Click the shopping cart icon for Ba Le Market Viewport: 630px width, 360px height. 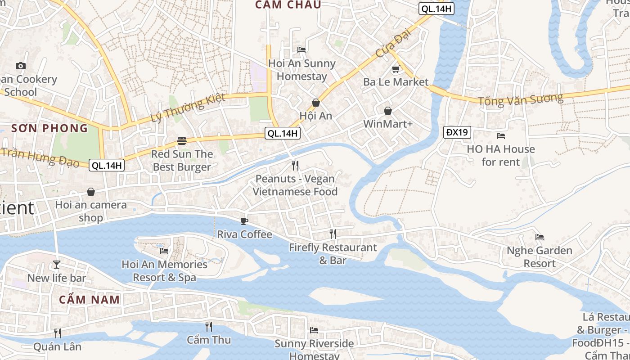coord(396,69)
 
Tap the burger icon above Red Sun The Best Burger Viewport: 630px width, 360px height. coord(182,141)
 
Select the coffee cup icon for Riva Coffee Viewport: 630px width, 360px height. coord(244,221)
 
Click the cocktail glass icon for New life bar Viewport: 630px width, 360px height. coord(57,264)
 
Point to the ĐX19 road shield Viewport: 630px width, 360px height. coord(457,132)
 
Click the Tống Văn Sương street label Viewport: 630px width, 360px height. coord(520,99)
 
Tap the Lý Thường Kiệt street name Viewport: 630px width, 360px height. coord(188,108)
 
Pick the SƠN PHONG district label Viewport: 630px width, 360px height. coord(49,128)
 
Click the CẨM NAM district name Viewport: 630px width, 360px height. coord(90,299)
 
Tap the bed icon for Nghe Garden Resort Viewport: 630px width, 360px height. coord(540,237)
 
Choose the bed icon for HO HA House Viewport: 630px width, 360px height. coord(500,135)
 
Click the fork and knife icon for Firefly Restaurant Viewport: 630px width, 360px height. coord(333,234)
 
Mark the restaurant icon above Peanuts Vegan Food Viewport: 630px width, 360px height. coord(295,166)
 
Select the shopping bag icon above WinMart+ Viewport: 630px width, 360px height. coord(387,110)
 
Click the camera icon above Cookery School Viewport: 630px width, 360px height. coord(20,66)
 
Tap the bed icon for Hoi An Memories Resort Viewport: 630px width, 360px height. coord(164,251)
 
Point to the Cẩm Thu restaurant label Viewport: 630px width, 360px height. coord(209,340)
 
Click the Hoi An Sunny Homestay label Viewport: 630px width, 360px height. coord(301,70)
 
